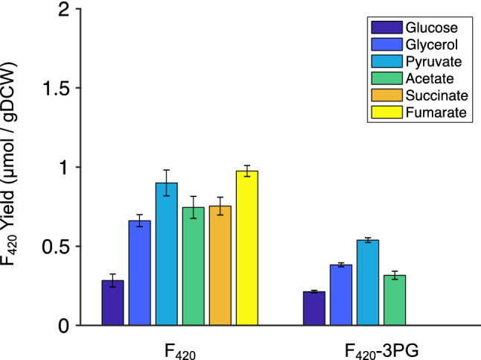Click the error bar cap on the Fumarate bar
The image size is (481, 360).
click(247, 165)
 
